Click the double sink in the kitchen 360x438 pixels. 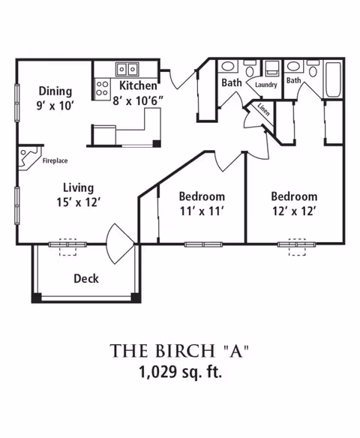[127, 69]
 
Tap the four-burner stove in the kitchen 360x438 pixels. [102, 88]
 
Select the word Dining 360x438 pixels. [55, 91]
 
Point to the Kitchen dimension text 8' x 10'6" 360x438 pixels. [138, 100]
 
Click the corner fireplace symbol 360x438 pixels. [29, 157]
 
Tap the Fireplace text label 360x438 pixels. [55, 160]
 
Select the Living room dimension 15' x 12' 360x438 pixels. [78, 202]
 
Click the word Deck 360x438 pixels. [86, 278]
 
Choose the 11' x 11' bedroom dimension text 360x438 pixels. [202, 211]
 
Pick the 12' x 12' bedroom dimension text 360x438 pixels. [294, 211]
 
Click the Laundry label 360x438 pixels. [266, 85]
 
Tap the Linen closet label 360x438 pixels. [263, 109]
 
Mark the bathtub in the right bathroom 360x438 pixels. [333, 79]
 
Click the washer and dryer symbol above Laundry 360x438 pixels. [272, 68]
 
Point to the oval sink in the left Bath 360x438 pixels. [228, 67]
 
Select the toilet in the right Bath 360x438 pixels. [313, 68]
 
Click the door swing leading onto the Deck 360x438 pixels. [120, 244]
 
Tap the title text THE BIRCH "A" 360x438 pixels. [179, 351]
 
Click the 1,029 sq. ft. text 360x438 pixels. [180, 372]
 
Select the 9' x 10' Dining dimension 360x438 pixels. [55, 106]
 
